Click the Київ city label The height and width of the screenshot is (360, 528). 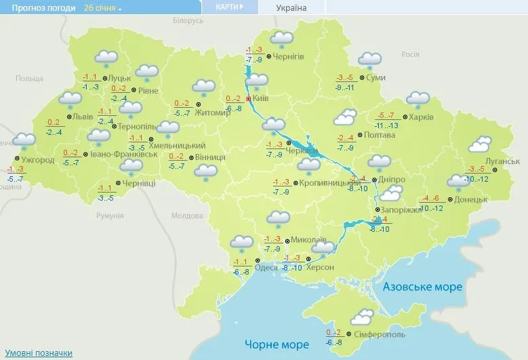261,98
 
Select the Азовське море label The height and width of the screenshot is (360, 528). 422,287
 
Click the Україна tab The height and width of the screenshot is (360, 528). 291,8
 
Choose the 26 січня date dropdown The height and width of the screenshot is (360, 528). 103,8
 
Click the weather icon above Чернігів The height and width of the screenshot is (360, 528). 281,39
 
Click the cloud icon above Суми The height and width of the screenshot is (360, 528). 369,60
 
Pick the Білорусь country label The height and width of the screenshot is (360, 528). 188,21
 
